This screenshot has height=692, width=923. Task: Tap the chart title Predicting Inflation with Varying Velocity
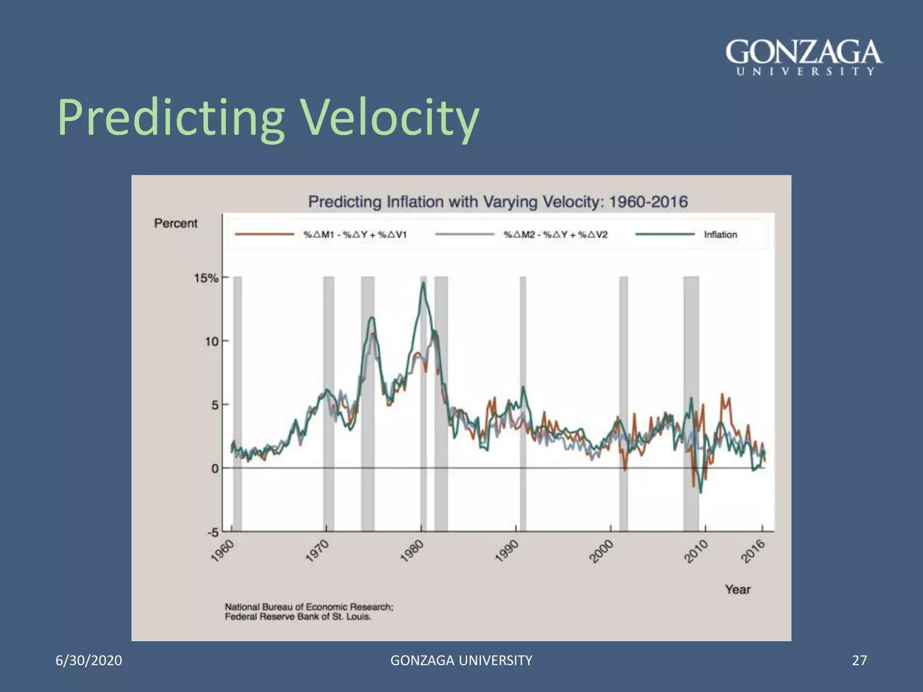pos(498,201)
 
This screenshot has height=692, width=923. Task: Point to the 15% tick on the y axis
pos(206,278)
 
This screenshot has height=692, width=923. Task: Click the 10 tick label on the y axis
pos(211,341)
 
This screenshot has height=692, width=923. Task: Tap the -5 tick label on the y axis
pos(213,533)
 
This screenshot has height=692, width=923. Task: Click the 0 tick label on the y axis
pos(215,469)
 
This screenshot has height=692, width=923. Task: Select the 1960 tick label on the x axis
pos(223,551)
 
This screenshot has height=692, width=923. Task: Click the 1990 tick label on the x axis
pos(507,551)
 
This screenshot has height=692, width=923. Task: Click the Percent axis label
pos(176,223)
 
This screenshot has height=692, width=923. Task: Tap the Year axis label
pos(737,589)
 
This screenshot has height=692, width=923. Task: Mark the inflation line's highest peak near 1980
pos(423,283)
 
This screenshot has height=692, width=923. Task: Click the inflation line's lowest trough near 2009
pos(700,492)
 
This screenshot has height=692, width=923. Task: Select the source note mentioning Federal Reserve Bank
pos(298,617)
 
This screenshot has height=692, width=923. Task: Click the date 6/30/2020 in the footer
pos(89,660)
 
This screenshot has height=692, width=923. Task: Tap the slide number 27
pos(859,660)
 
